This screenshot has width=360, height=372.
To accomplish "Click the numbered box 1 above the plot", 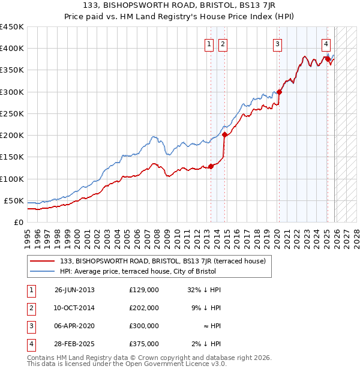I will (209, 43).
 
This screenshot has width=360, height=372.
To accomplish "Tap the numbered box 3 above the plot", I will (278, 43).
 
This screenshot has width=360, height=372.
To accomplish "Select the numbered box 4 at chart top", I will (326, 43).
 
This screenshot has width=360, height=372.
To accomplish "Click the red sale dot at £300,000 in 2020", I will (279, 92).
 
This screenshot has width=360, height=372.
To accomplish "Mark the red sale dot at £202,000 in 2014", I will (224, 135).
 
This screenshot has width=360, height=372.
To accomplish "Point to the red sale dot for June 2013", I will (211, 166).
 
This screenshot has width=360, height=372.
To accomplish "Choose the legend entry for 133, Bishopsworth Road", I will (166, 261).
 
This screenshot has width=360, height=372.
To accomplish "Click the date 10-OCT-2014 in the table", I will (74, 307).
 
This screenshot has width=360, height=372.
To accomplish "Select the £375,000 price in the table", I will (144, 344).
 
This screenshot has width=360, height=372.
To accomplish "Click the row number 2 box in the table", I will (31, 307).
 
